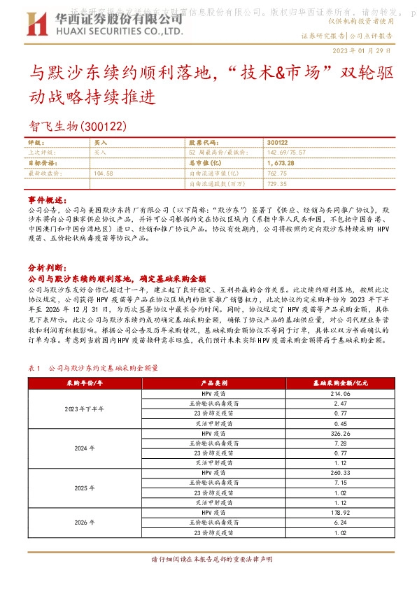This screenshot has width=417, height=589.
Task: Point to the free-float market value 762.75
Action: (277, 173)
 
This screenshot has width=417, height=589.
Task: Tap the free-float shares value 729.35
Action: (277, 183)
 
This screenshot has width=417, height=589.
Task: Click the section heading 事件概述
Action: (45, 199)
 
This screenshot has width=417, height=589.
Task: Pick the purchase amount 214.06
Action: (341, 394)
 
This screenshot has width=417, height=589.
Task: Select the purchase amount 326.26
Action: (341, 434)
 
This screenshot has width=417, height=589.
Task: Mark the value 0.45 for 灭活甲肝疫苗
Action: (341, 424)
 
